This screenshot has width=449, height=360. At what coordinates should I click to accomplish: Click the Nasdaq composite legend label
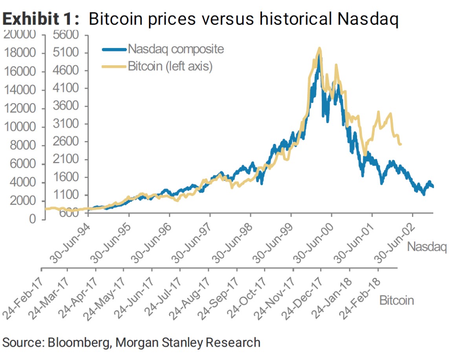176,49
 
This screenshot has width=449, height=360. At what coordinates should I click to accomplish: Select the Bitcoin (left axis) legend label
170,66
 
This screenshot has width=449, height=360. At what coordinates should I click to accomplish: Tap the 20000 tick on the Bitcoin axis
20,35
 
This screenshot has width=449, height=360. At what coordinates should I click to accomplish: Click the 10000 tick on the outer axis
20,127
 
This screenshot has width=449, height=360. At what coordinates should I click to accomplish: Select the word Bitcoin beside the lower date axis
397,301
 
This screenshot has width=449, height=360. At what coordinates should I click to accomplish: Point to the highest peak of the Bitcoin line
320,48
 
